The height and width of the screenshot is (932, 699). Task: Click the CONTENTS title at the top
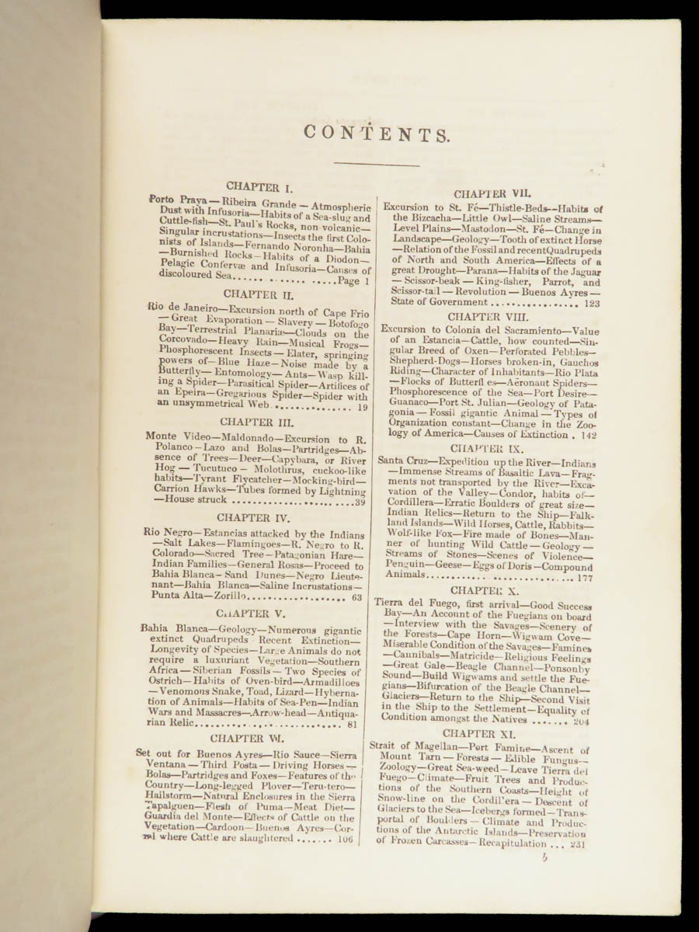pos(376,133)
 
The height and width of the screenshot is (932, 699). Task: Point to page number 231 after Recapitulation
pos(576,844)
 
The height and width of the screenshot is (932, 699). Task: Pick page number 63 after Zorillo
pos(357,598)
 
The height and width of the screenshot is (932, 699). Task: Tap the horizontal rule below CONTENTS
pos(376,164)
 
